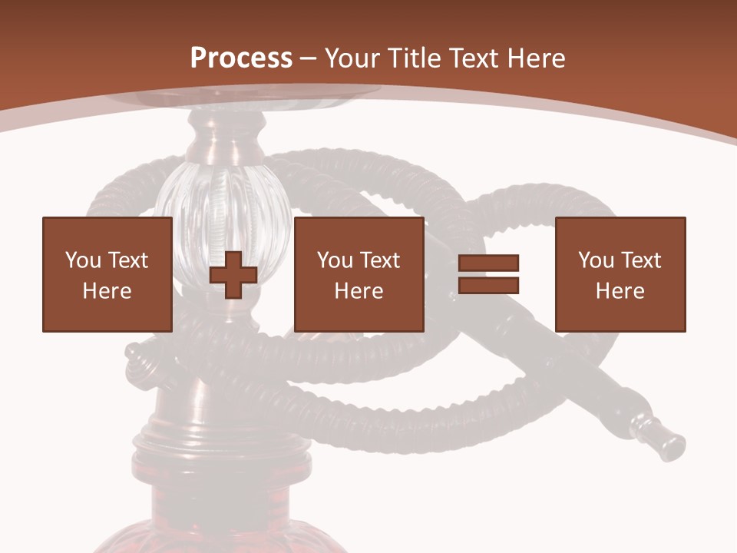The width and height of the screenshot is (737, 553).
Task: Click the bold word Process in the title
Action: tap(241, 58)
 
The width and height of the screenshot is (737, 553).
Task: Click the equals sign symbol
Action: tap(489, 275)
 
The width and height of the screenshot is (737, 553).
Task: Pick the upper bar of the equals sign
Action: tap(489, 264)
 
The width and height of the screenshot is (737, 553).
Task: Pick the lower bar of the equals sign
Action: tap(489, 286)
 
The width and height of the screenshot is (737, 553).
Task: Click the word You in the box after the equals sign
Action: tap(596, 260)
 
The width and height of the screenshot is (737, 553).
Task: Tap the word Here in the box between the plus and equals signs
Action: tap(359, 291)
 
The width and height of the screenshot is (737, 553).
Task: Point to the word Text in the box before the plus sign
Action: tap(127, 260)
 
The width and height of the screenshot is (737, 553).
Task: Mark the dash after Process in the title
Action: tap(309, 58)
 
